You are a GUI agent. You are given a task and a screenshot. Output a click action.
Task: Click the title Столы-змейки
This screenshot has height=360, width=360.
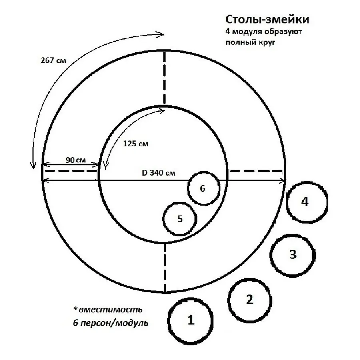[x=267, y=20]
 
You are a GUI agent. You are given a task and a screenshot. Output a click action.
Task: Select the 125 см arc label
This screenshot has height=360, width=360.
[x=136, y=144]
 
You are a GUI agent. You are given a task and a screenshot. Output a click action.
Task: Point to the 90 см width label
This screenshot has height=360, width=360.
[x=76, y=160]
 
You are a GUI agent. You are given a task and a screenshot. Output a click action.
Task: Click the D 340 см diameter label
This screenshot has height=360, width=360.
[x=158, y=173]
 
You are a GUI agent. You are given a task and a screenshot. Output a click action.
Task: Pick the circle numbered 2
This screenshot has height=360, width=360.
[x=249, y=299]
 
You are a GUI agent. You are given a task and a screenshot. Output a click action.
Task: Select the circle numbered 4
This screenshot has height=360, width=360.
[x=307, y=202]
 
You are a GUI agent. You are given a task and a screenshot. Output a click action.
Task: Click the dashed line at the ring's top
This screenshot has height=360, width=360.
[x=164, y=78]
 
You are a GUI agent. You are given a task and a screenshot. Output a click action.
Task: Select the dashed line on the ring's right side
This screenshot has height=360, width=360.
[x=256, y=171]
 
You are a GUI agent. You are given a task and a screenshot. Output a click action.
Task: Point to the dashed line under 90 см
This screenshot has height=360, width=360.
[x=70, y=171]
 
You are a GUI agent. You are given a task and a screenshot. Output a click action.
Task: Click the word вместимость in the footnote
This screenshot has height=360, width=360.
[x=110, y=310]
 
